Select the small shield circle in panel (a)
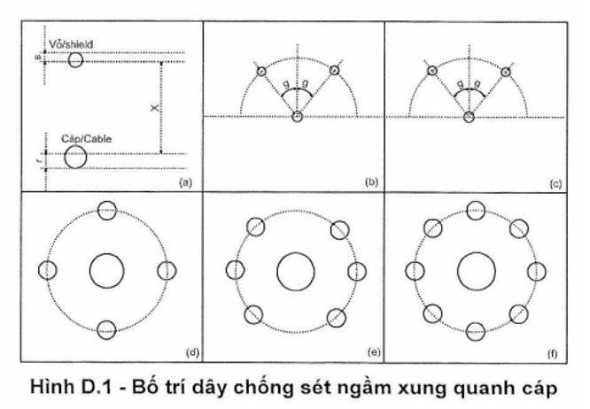click(75, 59)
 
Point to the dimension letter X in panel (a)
click(151, 106)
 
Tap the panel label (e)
click(371, 354)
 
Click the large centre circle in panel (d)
click(106, 270)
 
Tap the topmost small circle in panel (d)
click(106, 210)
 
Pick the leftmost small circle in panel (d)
click(49, 270)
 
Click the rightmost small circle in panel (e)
click(357, 270)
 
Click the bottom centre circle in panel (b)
click(297, 116)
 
